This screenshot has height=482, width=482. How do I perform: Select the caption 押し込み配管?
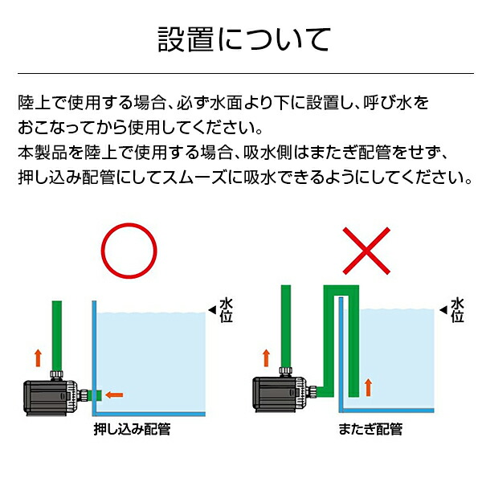coord(132,430)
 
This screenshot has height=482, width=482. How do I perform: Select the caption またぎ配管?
coord(370,430)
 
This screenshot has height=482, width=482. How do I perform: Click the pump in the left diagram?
coord(49,393)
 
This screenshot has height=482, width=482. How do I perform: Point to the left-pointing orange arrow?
coord(115,394)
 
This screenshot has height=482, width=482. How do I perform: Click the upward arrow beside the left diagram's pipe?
coord(37,356)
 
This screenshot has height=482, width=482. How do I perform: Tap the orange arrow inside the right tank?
coord(369,386)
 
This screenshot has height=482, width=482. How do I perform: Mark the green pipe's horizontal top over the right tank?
coord(338,290)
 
